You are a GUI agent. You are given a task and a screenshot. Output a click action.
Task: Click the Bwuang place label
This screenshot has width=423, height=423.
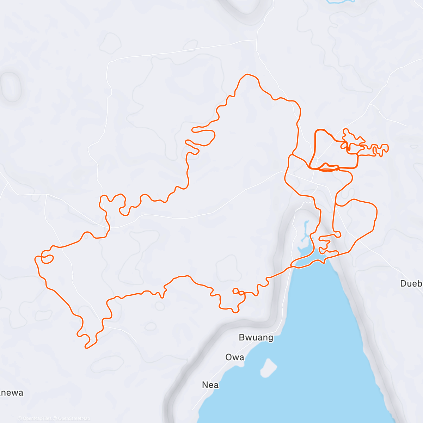(256, 337)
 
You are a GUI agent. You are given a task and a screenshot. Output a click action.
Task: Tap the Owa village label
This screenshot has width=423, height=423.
(235, 357)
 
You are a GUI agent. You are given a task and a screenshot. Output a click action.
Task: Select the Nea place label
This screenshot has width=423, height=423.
(210, 385)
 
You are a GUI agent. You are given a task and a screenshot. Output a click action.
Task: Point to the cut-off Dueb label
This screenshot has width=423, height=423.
(411, 283)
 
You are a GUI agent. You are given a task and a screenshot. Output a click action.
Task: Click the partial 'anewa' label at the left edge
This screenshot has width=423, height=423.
(11, 393)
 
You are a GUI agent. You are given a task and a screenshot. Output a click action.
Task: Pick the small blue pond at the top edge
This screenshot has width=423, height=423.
(340, 1)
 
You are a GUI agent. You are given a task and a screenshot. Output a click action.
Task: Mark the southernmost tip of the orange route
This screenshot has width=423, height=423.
(86, 348)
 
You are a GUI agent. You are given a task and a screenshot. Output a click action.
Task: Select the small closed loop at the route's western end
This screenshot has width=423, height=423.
(47, 259)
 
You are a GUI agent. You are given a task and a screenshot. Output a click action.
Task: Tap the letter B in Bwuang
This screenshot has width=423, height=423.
(242, 337)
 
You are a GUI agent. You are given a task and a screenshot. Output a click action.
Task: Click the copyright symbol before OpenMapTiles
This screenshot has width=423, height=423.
(20, 418)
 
